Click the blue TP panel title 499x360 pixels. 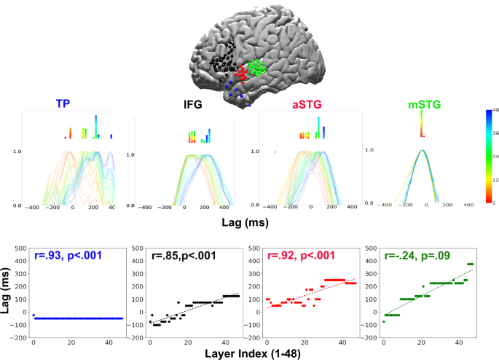pyautogui.click(x=66, y=103)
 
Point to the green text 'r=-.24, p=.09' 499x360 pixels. pyautogui.click(x=420, y=257)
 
